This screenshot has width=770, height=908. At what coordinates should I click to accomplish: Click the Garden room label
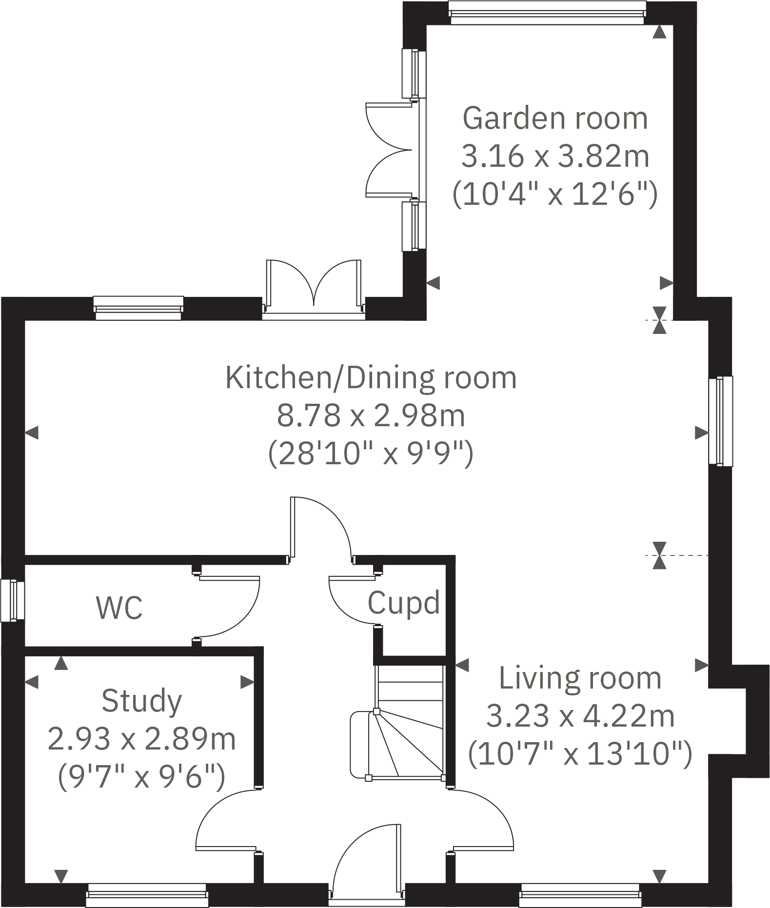click(555, 118)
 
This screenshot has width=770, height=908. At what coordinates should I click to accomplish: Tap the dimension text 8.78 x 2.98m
click(371, 416)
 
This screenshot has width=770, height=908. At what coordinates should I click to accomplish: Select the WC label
click(119, 608)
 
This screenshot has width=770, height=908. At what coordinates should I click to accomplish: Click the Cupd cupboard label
click(403, 603)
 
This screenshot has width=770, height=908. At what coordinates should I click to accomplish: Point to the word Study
click(141, 701)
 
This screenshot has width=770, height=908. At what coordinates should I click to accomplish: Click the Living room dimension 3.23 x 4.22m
click(580, 716)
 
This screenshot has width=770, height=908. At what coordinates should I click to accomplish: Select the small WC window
click(12, 600)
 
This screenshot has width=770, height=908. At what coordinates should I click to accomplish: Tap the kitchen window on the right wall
click(720, 421)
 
